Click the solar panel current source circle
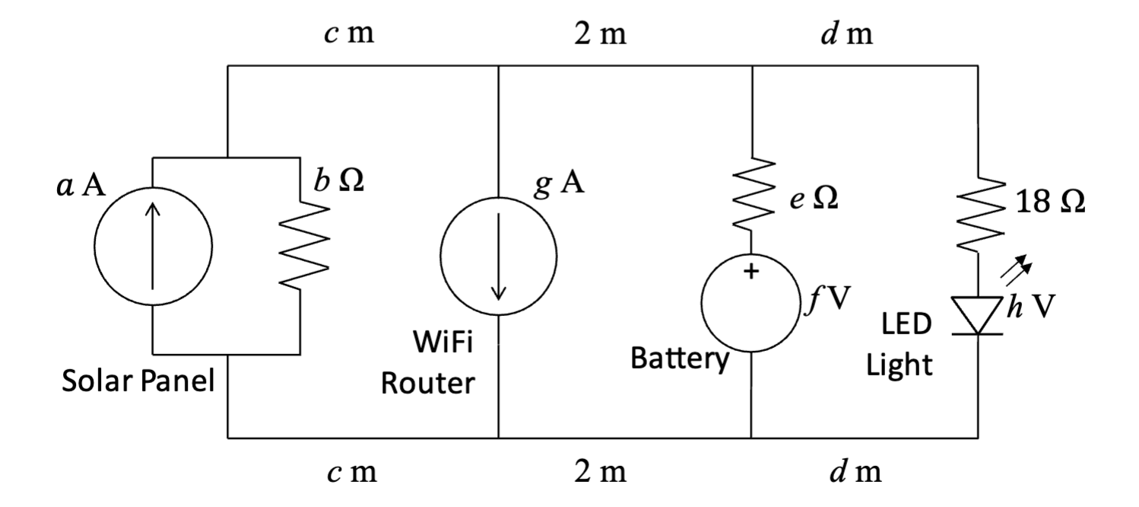click(x=94, y=247)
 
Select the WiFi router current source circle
click(x=440, y=256)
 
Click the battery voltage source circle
click(x=701, y=303)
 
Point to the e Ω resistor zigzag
click(x=754, y=194)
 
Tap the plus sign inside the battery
click(x=751, y=271)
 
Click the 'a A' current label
click(x=81, y=185)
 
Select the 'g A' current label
click(x=559, y=183)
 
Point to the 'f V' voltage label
click(x=828, y=299)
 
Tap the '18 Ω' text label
click(x=1050, y=202)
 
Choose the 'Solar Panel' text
click(x=138, y=381)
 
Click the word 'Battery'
click(x=680, y=359)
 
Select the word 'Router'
click(x=427, y=384)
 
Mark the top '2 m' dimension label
click(x=601, y=34)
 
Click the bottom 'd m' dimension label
click(x=856, y=471)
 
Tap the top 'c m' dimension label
click(x=349, y=33)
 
